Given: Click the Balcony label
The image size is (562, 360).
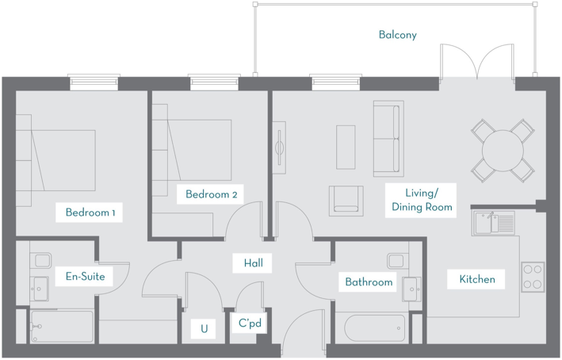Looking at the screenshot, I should pyautogui.click(x=397, y=35).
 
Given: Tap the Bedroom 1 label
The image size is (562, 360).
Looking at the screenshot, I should pyautogui.click(x=90, y=213).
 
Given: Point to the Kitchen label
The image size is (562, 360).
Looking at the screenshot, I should pyautogui.click(x=477, y=279).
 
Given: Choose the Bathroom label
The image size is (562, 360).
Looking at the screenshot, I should pyautogui.click(x=369, y=282).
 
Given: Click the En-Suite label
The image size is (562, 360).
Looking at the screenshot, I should pyautogui.click(x=85, y=277).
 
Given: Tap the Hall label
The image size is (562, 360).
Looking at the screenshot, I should pyautogui.click(x=253, y=262).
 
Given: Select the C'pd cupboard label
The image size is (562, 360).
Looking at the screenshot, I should pyautogui.click(x=250, y=324).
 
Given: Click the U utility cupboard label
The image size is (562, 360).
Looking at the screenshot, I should pyautogui.click(x=204, y=327).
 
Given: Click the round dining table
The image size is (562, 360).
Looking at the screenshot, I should pyautogui.click(x=503, y=149).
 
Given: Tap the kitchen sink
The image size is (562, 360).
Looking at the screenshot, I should pyautogui.click(x=493, y=221).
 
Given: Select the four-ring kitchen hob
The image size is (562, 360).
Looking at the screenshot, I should pyautogui.click(x=533, y=275).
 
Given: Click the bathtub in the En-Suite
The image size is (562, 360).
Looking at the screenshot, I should pyautogui.click(x=62, y=326).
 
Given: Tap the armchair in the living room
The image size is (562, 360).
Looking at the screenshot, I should pyautogui.click(x=346, y=201).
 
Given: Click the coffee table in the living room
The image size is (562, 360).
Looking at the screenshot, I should pyautogui.click(x=346, y=147).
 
